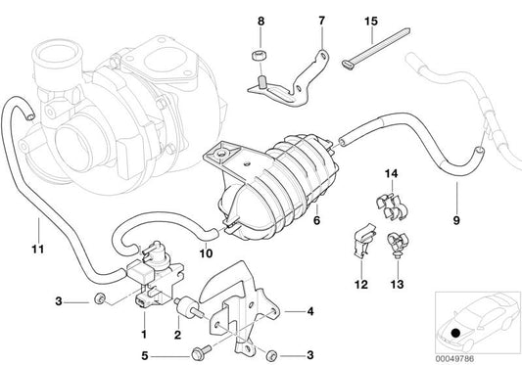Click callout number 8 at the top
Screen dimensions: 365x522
(261, 21)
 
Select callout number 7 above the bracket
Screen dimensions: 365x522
(293, 21)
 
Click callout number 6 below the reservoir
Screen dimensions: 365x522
(289, 222)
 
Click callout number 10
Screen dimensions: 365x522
(205, 252)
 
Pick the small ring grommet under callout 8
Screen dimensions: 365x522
(261, 51)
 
